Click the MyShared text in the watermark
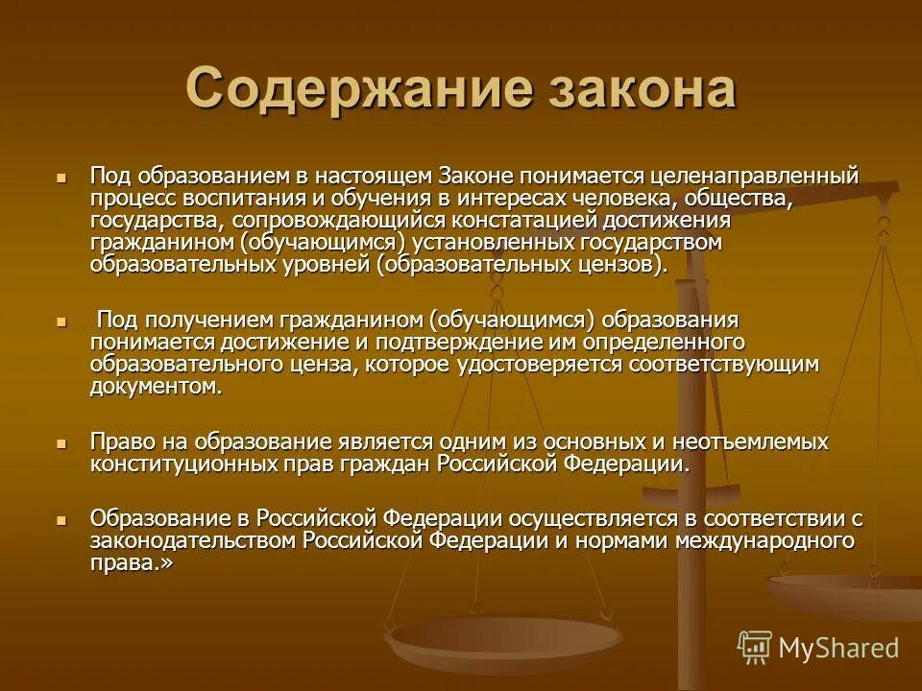(838, 648)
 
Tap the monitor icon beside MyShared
(755, 648)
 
